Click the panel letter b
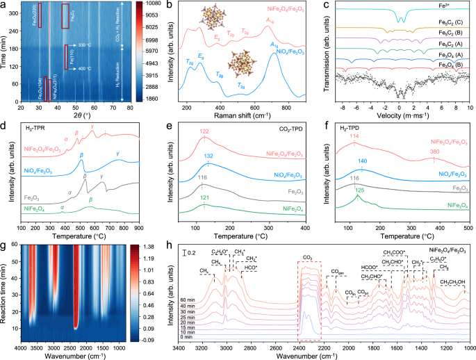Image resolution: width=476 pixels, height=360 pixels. click(165, 6)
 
